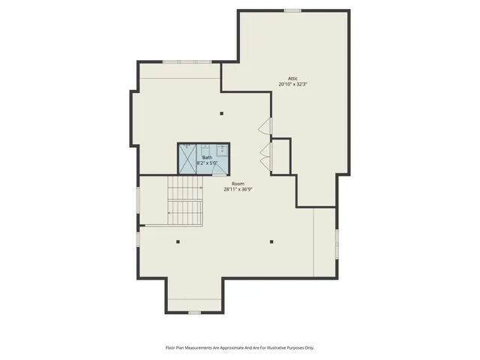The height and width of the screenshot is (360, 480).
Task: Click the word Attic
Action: click(293, 78)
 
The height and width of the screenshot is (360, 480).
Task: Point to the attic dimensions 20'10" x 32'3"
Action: click(293, 84)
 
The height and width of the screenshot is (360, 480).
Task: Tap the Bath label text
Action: click(206, 157)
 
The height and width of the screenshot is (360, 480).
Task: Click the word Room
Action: click(238, 184)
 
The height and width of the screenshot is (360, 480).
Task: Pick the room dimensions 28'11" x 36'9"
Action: click(238, 190)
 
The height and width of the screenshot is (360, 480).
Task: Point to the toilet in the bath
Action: click(222, 158)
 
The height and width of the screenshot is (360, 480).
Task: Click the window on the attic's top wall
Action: click(292, 10)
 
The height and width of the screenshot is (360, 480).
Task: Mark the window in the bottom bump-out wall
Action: click(194, 311)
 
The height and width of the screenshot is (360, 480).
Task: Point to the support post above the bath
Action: click(221, 114)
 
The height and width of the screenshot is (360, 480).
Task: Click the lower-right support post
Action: click(271, 241)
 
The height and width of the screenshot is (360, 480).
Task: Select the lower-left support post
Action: click(178, 241)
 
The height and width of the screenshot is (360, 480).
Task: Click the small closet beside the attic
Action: click(280, 156)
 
